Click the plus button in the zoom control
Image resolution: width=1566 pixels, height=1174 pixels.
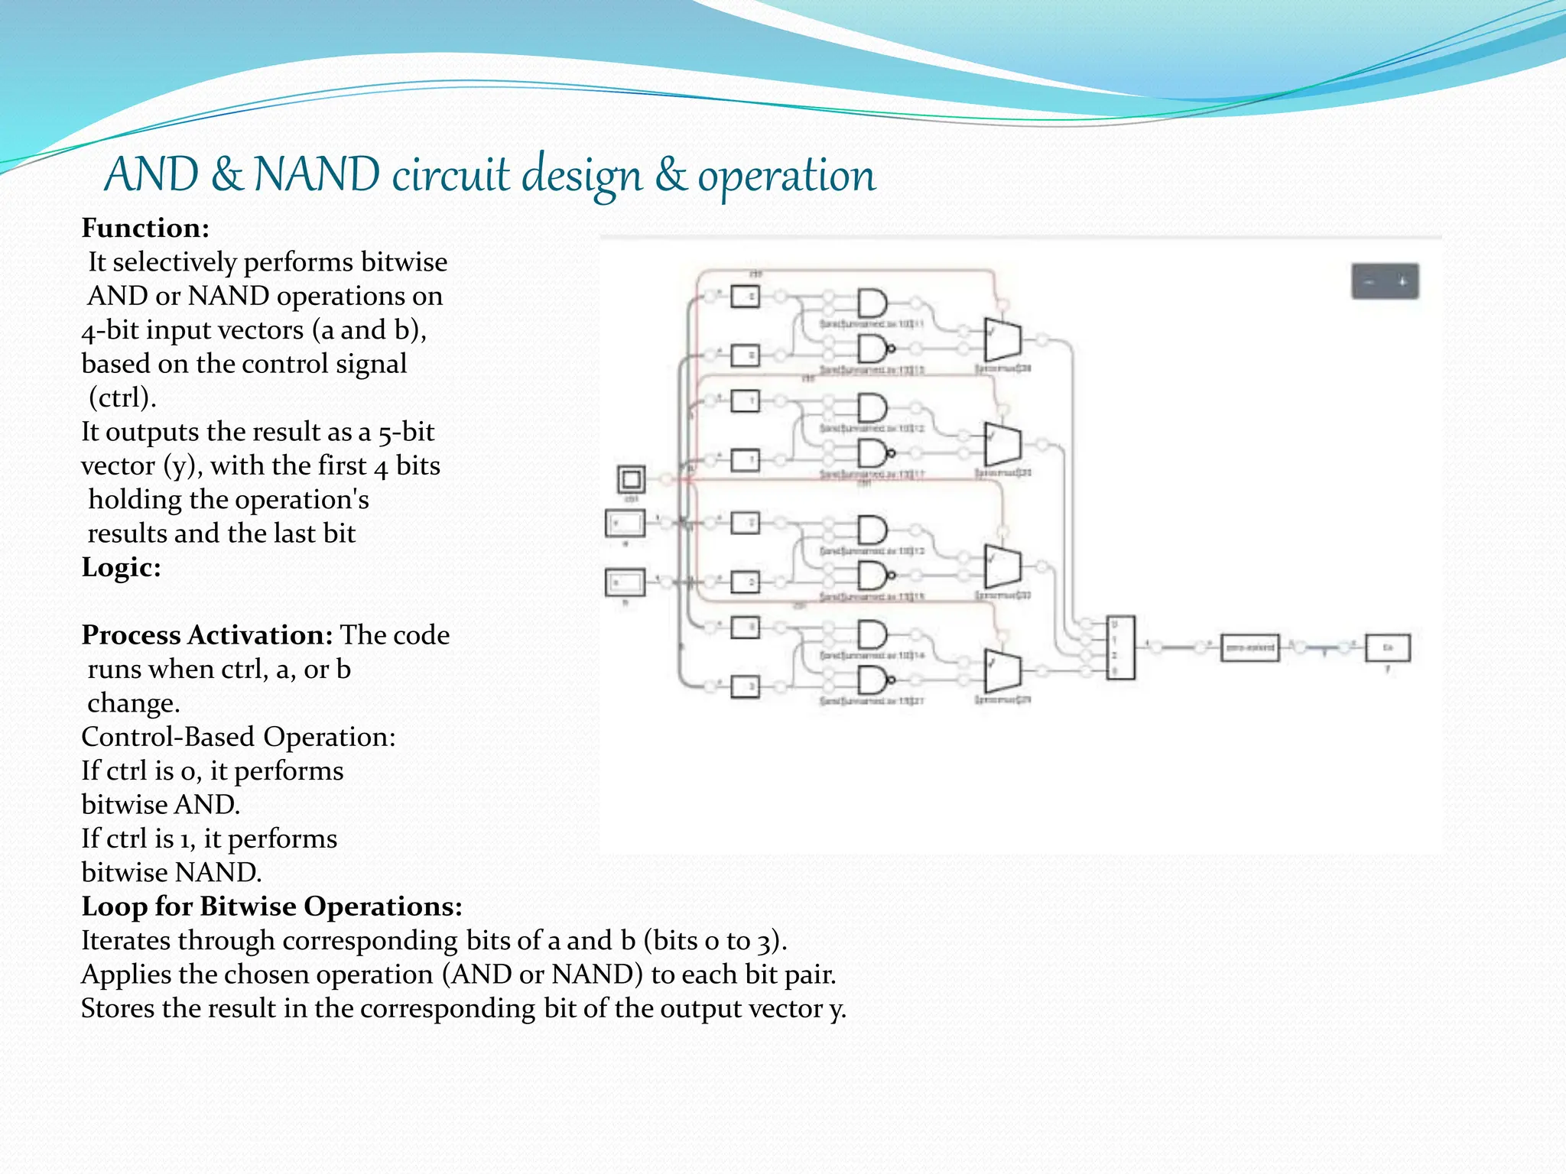point(1402,282)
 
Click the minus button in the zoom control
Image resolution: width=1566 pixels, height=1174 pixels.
point(1369,282)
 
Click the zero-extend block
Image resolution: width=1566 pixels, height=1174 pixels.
point(1249,648)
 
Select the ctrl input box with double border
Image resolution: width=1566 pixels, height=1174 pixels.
point(631,479)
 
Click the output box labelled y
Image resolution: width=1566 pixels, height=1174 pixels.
point(1388,648)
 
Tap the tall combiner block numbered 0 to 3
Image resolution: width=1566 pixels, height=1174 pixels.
point(1121,647)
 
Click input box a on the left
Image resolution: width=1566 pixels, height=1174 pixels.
point(625,524)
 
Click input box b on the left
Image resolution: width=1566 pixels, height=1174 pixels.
point(625,582)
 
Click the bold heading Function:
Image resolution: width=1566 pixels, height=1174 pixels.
point(145,229)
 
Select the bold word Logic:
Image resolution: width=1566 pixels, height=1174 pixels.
point(121,567)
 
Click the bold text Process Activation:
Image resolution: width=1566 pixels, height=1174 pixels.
point(206,635)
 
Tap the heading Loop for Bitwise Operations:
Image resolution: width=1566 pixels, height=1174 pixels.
point(271,906)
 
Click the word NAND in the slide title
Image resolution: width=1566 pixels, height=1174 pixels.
point(316,174)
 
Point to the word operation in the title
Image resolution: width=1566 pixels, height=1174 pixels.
point(786,176)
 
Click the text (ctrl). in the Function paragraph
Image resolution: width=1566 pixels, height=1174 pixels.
point(122,398)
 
